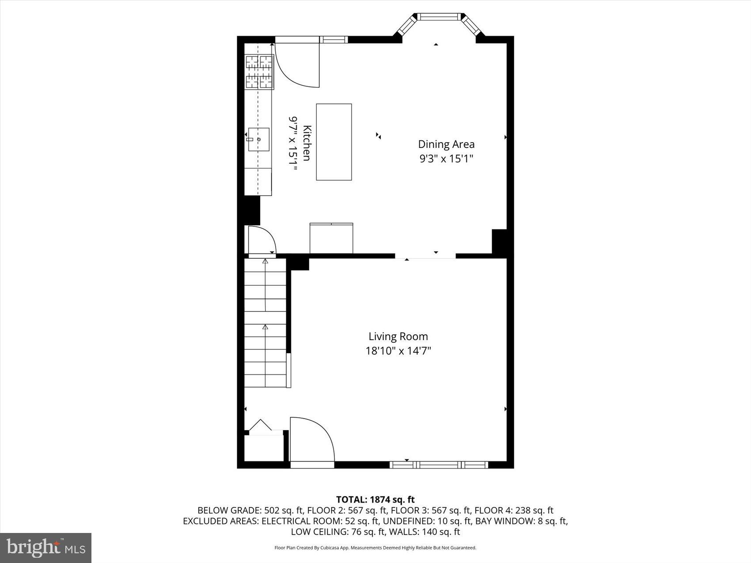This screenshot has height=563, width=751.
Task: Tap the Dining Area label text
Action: click(446, 144)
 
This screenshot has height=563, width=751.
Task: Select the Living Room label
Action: click(398, 336)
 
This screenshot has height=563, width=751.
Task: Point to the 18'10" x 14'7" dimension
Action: click(398, 351)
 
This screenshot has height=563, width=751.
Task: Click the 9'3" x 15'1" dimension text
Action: click(446, 159)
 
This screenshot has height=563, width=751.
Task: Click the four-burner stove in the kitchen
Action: click(259, 72)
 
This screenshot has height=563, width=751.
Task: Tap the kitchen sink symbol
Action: click(258, 140)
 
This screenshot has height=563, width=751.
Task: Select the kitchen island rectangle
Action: click(334, 142)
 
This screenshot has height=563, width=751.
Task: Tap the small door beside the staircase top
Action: click(262, 241)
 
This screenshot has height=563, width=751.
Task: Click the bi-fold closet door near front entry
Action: click(261, 426)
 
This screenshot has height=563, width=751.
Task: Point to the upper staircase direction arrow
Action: click(265, 261)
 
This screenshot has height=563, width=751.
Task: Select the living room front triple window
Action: click(439, 465)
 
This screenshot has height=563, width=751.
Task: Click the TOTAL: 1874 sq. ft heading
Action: click(375, 499)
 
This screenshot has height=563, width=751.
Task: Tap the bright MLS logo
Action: click(46, 548)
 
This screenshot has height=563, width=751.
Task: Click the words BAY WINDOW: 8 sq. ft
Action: click(521, 521)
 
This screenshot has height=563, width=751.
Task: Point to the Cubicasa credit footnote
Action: click(375, 548)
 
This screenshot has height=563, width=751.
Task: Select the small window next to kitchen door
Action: click(334, 40)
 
